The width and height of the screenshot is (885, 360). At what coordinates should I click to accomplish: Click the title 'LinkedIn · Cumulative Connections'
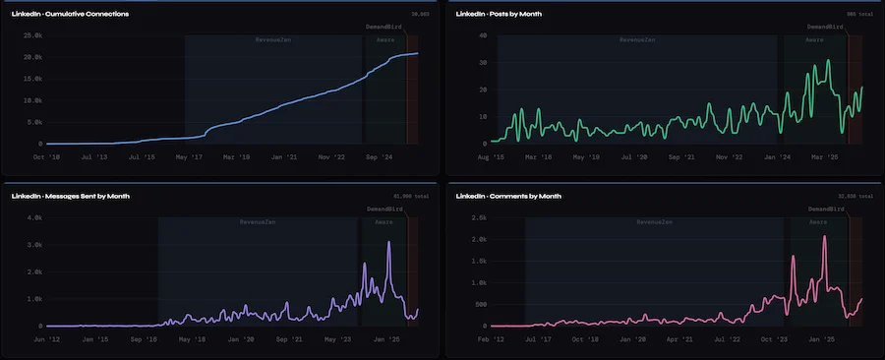pos(70,14)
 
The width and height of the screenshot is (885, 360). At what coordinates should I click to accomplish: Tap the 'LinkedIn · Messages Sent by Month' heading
pos(71,196)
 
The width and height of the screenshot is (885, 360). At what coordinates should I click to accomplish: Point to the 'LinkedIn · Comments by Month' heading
pos(509,196)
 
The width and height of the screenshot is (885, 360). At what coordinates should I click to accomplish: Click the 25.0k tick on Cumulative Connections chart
pos(31,35)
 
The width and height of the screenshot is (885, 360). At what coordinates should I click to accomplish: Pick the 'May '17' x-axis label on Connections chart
pos(189,155)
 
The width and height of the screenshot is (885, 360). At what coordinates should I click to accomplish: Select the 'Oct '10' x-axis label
pos(47,155)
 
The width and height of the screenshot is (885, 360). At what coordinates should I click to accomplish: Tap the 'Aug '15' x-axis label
pos(491,155)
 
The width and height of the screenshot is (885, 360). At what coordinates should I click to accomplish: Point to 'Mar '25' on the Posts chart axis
pos(823,155)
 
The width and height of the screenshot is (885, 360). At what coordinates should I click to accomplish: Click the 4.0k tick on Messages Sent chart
pos(33,217)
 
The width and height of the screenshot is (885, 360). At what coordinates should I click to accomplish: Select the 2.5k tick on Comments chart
pos(477,217)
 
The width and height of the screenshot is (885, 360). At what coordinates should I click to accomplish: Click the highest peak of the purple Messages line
pos(389,242)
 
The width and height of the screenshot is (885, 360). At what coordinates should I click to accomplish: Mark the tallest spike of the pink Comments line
pos(824,236)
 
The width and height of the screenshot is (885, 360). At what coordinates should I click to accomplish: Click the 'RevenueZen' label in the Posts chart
pos(638,39)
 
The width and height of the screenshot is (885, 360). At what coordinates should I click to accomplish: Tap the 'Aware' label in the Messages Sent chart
pos(384,221)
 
